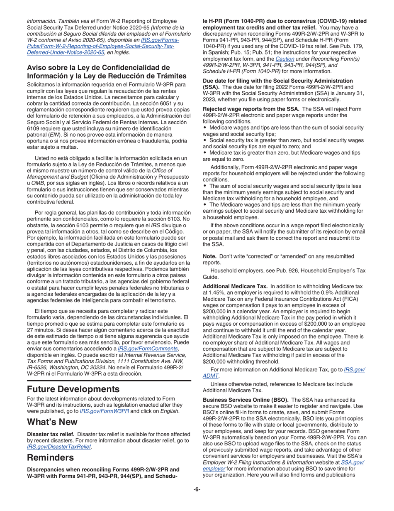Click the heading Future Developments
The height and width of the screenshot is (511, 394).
[x=73, y=389]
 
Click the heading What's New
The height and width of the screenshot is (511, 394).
[x=52, y=422]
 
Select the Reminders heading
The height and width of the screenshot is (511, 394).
[x=51, y=457]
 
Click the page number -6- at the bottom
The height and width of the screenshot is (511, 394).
[x=197, y=489]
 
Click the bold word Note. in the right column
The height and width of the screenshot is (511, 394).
[x=210, y=256]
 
